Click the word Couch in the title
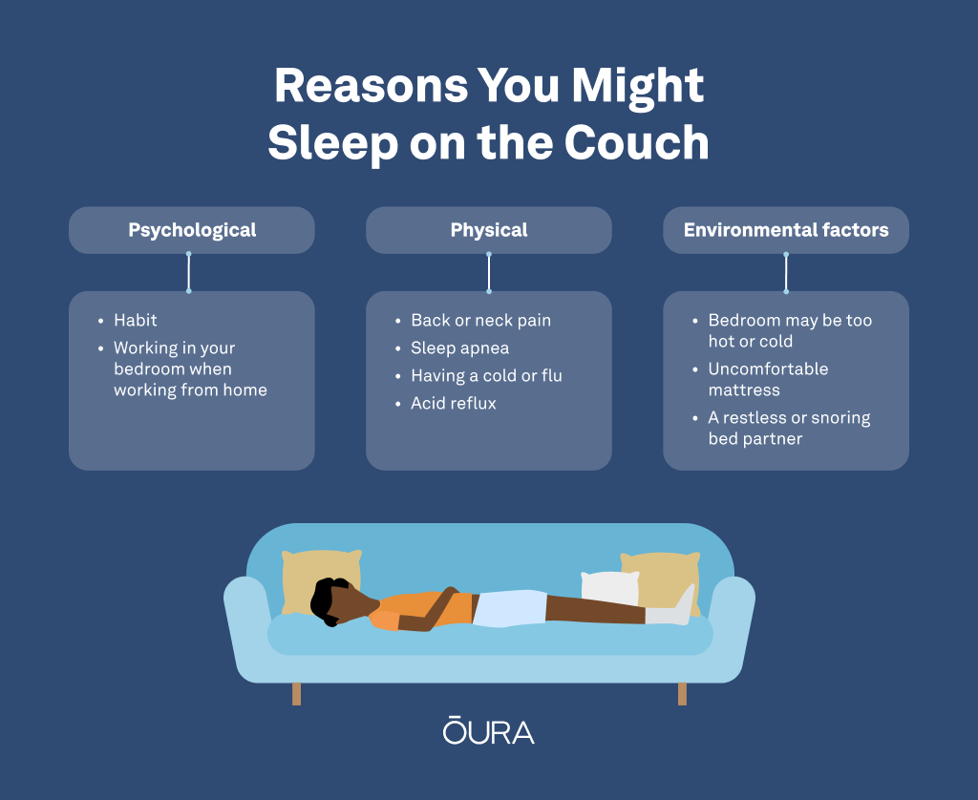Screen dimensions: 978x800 point(636,142)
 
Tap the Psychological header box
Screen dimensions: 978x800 point(191,230)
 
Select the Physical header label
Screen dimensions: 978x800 point(489,230)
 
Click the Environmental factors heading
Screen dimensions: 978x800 point(786,230)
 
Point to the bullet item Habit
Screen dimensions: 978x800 point(136,321)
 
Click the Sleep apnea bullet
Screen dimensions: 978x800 point(459,347)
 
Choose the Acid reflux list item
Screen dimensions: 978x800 point(454,404)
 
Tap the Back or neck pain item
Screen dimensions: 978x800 point(481,321)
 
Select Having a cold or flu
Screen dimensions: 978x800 point(486,375)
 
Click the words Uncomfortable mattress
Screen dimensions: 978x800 point(768,379)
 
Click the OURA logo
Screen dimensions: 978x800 point(489,730)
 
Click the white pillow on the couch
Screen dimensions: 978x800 point(609,588)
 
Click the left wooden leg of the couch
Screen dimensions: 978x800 point(296,694)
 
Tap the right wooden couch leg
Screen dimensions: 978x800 point(682,694)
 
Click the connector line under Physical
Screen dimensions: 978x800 point(489,272)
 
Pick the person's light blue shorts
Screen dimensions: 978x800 point(510,608)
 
